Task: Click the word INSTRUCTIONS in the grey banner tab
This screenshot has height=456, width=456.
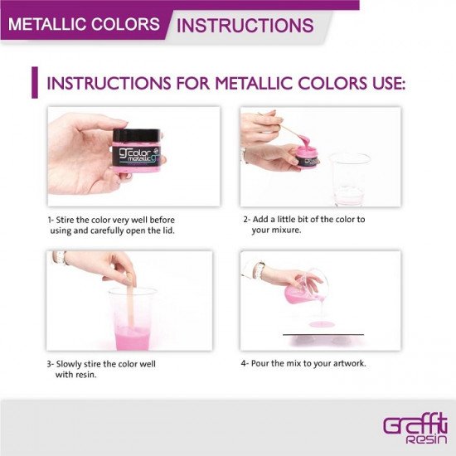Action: pyautogui.click(x=245, y=25)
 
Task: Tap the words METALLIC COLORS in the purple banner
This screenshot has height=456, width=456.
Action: pyautogui.click(x=84, y=24)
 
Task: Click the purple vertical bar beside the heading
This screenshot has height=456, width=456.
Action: pyautogui.click(x=35, y=83)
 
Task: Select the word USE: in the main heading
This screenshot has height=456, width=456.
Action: pyautogui.click(x=389, y=84)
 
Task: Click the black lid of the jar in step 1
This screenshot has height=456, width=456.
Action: pyautogui.click(x=137, y=135)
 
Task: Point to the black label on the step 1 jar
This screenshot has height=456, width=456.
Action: pyautogui.click(x=137, y=155)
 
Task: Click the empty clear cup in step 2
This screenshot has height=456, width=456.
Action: pyautogui.click(x=348, y=179)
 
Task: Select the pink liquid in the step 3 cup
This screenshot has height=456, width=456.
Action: pyautogui.click(x=133, y=337)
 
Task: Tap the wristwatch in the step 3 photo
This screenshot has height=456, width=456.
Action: pyautogui.click(x=61, y=258)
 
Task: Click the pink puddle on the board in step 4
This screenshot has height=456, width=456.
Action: pyautogui.click(x=322, y=324)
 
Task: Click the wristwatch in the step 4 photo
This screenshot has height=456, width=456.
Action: pyautogui.click(x=258, y=270)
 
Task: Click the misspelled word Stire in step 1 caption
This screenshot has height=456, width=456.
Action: pyautogui.click(x=65, y=220)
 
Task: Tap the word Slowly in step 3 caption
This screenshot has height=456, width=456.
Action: pyautogui.click(x=69, y=364)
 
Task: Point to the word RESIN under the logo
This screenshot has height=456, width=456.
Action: pyautogui.click(x=426, y=439)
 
